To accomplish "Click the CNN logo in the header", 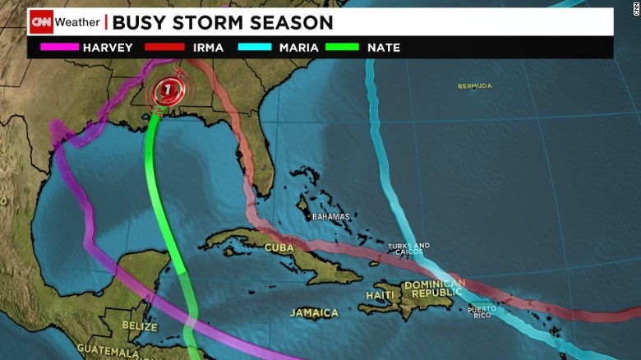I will (x=41, y=22).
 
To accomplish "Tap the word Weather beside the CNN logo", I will (x=78, y=22).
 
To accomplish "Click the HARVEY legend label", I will (x=108, y=48).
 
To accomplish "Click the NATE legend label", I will (x=384, y=48).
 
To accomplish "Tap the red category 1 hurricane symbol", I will (x=167, y=88).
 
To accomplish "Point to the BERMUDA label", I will (x=475, y=86).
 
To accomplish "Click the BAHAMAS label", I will (x=330, y=217).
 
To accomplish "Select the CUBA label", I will (x=279, y=247).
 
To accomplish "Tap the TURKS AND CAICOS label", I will (x=409, y=249).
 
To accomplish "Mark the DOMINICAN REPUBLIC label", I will (x=434, y=288).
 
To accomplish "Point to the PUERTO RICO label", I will (x=482, y=312).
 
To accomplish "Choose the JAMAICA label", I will (x=314, y=313).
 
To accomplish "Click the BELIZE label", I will (x=139, y=325).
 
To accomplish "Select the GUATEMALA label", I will (x=109, y=352).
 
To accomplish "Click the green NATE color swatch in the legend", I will (x=342, y=48).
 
